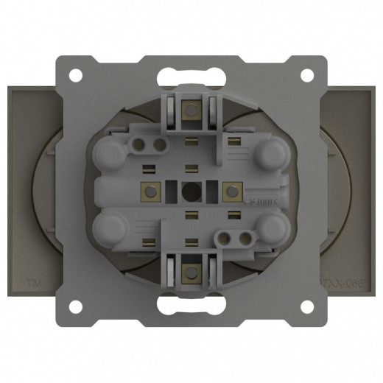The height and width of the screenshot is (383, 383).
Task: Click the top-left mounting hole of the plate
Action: pos(76,75)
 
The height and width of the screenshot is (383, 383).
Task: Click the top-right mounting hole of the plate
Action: pos(307,75)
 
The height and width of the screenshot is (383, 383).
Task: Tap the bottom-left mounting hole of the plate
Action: pos(76,304)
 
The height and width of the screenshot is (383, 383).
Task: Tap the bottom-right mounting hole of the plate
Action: pos(307,304)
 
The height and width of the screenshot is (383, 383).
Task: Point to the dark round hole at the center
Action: pos(191,190)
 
